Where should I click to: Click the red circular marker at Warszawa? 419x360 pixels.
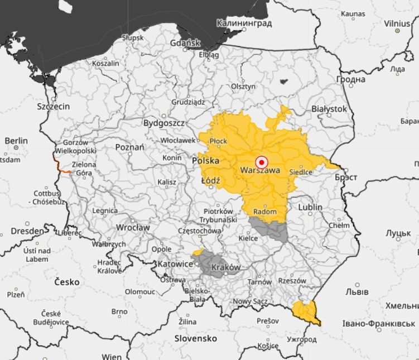[261, 162]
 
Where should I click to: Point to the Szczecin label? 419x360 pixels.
[54, 106]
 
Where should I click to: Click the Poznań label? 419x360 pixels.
[129, 147]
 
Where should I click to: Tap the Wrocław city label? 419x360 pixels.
[133, 228]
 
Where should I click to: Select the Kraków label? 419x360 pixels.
[226, 267]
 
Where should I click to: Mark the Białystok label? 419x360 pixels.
[329, 109]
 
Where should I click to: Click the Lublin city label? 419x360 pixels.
[310, 207]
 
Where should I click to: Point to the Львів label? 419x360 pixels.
[357, 292]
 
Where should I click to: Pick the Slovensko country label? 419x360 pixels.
[195, 339]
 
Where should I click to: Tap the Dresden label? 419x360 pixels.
[27, 231]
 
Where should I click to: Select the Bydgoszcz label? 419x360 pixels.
[164, 123]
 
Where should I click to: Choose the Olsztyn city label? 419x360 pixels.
[243, 87]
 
